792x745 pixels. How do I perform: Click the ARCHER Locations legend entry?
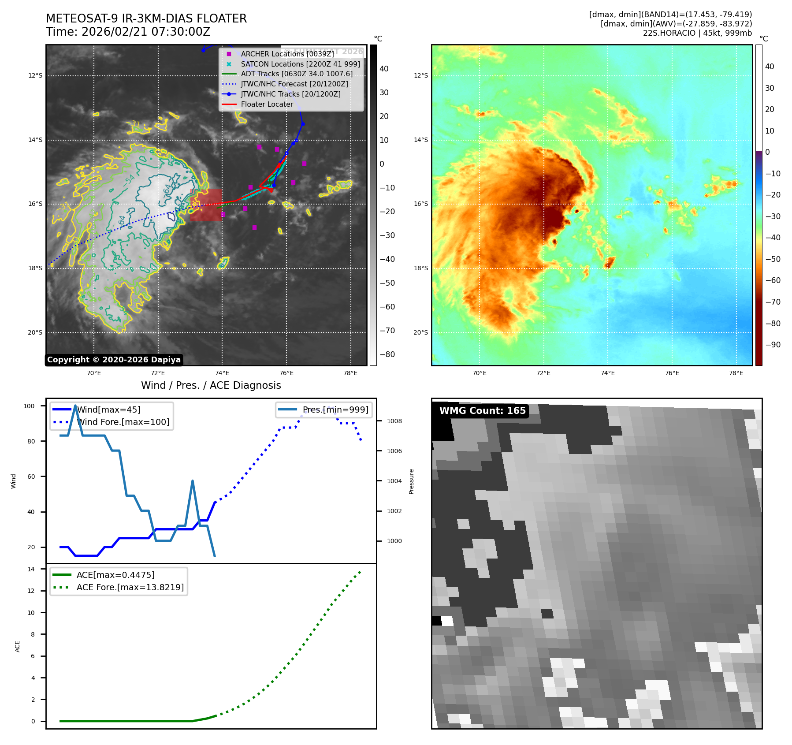tap(287, 54)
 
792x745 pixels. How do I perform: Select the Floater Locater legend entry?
tap(267, 104)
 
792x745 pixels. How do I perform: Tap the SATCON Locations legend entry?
tap(300, 64)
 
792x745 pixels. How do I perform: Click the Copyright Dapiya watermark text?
tap(114, 360)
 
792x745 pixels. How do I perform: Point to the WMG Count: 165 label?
tap(482, 411)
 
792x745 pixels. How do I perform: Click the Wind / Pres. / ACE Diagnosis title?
tap(211, 385)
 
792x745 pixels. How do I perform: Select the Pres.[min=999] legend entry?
tap(335, 410)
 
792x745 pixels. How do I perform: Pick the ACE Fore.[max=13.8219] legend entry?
tap(130, 587)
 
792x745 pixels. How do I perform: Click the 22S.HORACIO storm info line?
tap(697, 33)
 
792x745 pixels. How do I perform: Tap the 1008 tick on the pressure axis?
tap(394, 421)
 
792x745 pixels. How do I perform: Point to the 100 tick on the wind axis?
tap(29, 406)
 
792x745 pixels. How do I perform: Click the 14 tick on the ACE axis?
tap(31, 569)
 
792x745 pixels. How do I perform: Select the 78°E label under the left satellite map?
tap(350, 373)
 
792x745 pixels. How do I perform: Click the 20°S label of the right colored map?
tap(420, 332)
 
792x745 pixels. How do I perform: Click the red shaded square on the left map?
tap(206, 205)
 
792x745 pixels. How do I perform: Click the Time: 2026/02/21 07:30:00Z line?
tap(128, 32)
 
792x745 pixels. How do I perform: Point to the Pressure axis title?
tap(411, 481)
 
